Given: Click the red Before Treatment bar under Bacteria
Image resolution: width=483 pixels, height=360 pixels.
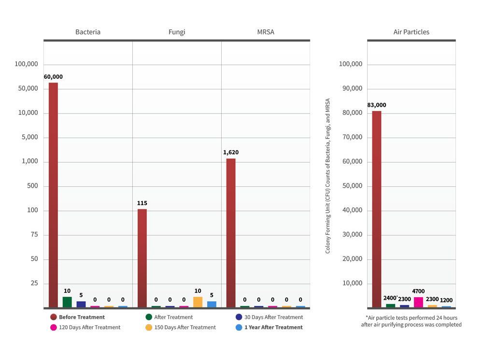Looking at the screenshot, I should [x=53, y=193].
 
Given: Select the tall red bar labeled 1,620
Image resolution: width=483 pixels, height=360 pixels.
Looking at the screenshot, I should [x=231, y=232].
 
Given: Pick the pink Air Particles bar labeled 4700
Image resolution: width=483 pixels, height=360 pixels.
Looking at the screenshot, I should [x=418, y=302].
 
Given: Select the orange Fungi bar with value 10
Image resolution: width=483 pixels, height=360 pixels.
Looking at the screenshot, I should [x=198, y=302].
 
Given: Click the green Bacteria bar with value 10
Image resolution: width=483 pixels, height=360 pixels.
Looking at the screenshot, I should [x=67, y=302].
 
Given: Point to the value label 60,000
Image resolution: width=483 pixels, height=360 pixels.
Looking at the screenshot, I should [x=53, y=77].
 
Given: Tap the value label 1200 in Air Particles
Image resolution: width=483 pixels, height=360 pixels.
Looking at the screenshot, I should [x=446, y=300].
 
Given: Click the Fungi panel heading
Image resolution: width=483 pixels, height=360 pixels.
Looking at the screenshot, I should [x=177, y=32].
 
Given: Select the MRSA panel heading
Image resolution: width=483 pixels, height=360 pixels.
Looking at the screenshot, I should [x=266, y=32].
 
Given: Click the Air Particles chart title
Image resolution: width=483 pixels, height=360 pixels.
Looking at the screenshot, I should [x=411, y=32].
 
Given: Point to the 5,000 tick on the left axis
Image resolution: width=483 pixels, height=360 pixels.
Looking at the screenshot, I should [x=27, y=137].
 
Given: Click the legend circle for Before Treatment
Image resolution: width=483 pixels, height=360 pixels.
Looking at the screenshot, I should [x=54, y=317].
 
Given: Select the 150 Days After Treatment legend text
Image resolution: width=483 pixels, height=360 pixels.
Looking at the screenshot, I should [x=185, y=327].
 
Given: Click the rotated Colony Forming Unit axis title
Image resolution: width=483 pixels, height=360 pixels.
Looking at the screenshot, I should [x=328, y=176].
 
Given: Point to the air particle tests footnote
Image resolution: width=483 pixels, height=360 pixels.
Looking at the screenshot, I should [x=411, y=321].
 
